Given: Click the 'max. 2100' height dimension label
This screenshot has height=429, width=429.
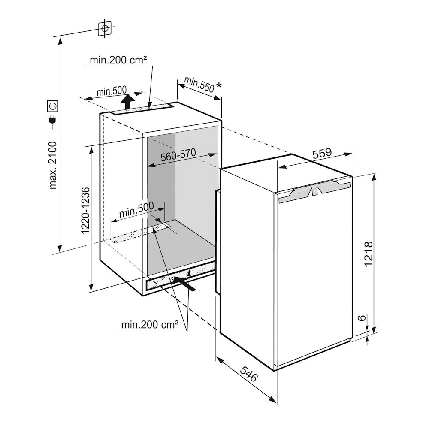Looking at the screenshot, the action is (52, 165).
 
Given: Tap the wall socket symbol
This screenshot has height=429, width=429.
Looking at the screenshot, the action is (52, 106).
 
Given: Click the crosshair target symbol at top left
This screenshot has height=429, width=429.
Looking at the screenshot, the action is (105, 28).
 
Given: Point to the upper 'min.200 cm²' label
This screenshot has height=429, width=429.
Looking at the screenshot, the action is (118, 60).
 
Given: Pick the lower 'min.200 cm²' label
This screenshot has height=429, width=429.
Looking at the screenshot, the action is (150, 325).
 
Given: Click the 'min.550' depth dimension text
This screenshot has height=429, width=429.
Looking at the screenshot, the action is (199, 84).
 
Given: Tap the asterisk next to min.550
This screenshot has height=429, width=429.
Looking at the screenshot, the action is (219, 85).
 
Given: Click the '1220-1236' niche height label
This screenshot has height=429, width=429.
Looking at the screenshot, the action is (86, 210).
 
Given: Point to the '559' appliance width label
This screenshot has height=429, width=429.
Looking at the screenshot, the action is (322, 154).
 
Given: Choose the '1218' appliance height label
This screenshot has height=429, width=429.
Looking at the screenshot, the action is (369, 254).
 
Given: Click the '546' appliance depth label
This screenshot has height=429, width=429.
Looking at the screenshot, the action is (249, 374).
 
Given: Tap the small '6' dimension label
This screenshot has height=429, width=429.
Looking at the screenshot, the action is (362, 318).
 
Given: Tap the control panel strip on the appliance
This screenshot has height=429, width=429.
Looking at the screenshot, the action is (314, 191).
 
